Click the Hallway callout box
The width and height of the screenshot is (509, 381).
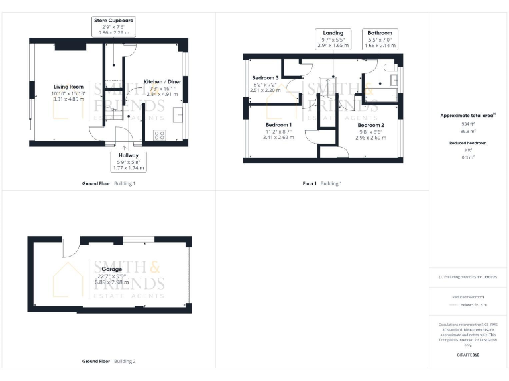click(x=129, y=161)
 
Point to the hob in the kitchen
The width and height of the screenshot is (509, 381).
click(x=159, y=135)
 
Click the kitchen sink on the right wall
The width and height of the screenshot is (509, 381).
click(x=178, y=115)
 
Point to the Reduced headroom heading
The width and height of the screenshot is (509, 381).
click(x=469, y=143)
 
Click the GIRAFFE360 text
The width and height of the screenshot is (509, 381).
click(x=468, y=355)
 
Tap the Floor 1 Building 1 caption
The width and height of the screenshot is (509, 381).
click(x=322, y=183)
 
